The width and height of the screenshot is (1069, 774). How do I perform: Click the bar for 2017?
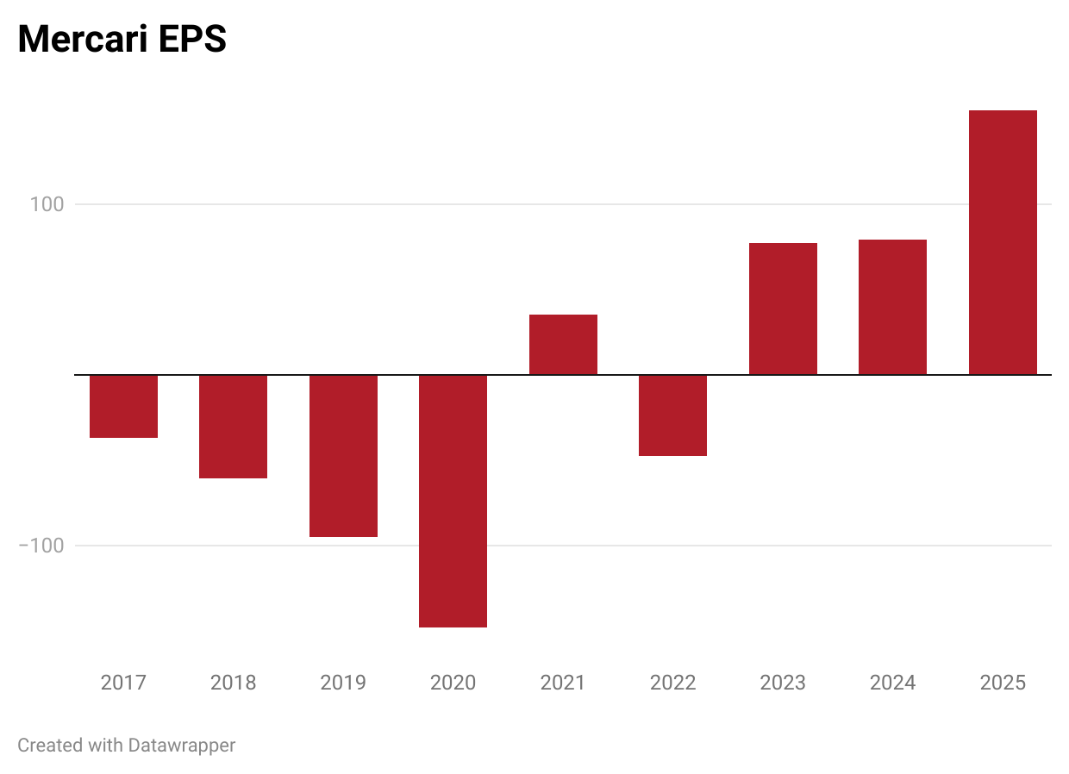click(123, 406)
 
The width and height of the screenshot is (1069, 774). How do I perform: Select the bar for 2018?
click(233, 426)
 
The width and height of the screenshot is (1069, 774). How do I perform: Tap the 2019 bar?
click(343, 455)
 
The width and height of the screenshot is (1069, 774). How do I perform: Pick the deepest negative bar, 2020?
click(453, 501)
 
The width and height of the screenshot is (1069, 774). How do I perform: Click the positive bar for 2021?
click(563, 345)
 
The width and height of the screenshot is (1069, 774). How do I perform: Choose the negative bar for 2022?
click(672, 415)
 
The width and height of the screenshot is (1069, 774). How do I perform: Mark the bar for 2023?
click(783, 309)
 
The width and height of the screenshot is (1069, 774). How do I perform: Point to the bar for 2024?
click(892, 307)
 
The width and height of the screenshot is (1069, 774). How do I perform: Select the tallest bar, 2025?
click(1003, 242)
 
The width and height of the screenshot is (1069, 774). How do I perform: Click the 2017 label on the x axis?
click(123, 683)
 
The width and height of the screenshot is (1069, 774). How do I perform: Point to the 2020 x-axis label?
click(453, 683)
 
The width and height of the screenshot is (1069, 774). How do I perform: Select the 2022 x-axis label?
click(672, 683)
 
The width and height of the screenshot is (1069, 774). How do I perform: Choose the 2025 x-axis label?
click(1003, 683)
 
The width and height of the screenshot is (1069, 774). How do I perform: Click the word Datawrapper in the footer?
click(181, 746)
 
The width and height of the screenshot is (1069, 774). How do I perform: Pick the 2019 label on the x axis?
click(343, 683)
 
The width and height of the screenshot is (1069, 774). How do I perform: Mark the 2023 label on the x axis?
click(783, 683)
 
